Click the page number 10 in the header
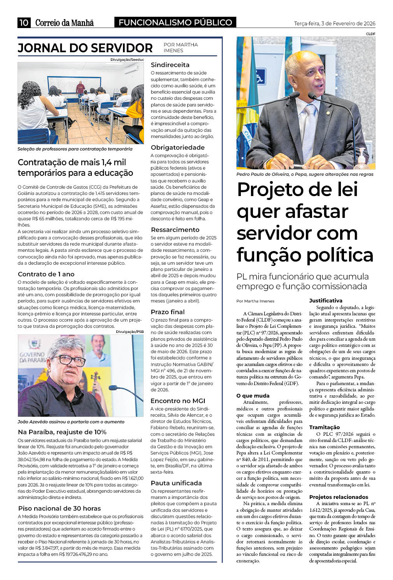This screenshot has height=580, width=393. pos(24,23)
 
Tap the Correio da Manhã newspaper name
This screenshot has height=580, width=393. pos(65,23)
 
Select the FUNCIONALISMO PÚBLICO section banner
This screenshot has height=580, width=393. pos(175,23)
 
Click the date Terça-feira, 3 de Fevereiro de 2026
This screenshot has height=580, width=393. pos(334,23)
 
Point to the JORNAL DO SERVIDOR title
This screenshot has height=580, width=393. pos(85,48)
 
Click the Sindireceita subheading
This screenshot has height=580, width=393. pos(170,65)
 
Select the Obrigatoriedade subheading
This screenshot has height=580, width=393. pos(177,147)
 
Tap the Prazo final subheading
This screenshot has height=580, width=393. pos(168,312)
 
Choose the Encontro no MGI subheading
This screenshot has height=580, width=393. pos(178,401)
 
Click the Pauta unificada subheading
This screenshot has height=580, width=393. pos(176,483)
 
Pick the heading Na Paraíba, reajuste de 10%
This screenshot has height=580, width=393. pos(62,432)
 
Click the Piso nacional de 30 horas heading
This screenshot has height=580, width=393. pos(60,508)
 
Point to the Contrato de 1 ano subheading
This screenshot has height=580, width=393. pos(46,274)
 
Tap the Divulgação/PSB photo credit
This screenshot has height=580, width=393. pos(130,332)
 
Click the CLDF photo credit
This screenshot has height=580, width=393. pos(370,34)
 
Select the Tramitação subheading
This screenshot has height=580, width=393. pos(325,427)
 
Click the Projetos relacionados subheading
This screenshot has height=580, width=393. pos(339,497)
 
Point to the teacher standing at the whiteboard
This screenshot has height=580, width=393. pos(80,88)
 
